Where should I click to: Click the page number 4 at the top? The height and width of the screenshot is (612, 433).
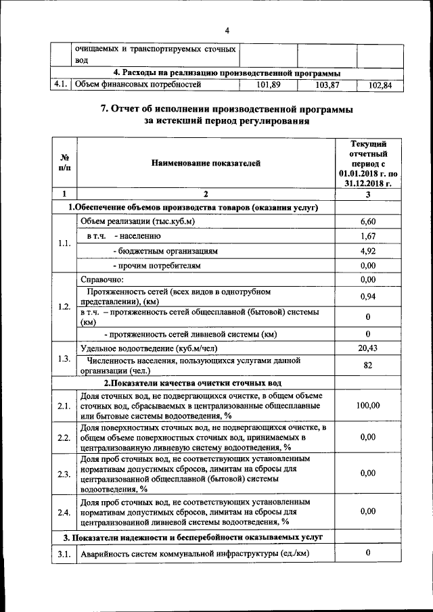227,30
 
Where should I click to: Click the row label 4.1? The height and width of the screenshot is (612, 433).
62,85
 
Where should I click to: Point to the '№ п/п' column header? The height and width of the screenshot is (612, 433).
64,163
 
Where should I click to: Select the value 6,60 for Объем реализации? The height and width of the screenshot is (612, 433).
368,222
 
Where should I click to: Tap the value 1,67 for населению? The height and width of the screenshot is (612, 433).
368,236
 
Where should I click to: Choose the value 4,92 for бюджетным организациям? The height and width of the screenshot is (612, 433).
368,251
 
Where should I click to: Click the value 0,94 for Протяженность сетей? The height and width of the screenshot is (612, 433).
368,297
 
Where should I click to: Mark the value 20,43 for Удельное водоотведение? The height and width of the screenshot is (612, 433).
368,348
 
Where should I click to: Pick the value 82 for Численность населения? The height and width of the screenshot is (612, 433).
368,365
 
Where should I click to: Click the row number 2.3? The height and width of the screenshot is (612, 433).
64,473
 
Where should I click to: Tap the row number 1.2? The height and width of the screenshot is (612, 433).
64,306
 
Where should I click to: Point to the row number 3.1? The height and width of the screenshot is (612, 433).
64,555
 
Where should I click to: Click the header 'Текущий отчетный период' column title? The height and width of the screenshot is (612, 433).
368,163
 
